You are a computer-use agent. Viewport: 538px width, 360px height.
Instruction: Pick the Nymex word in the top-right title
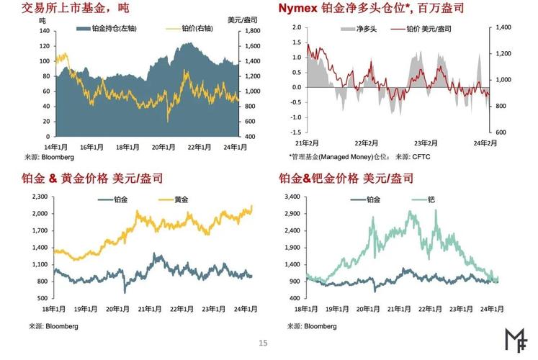298,9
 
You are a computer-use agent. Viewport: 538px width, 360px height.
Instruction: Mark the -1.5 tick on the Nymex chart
296,132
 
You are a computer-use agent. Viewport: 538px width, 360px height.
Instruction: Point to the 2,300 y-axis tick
37,197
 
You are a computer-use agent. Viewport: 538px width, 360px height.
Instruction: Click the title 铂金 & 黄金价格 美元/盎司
99,178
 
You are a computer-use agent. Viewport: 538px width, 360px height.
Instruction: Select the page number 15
263,343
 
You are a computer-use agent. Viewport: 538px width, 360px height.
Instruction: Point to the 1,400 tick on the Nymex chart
503,27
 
